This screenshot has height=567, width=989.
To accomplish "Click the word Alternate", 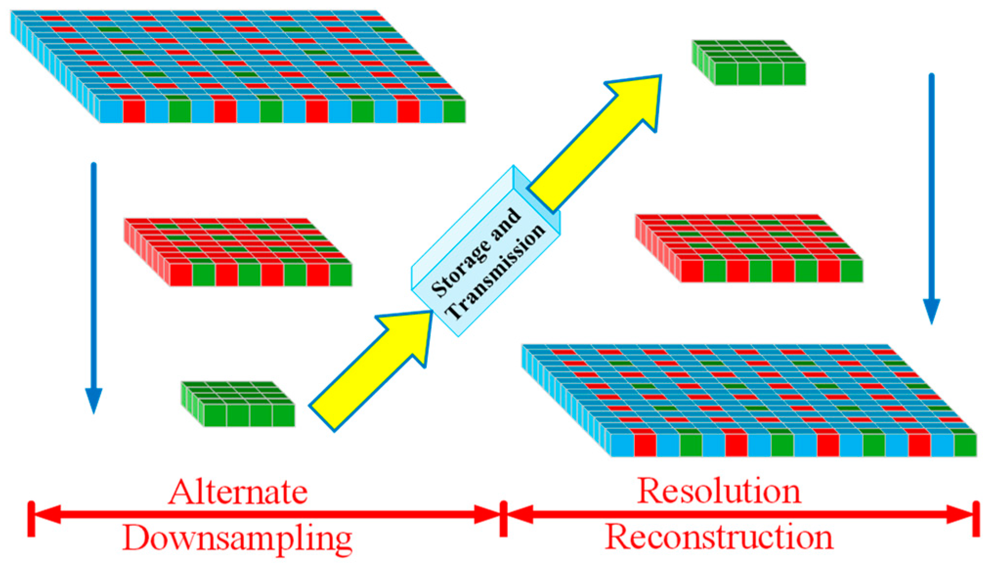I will click(x=238, y=492).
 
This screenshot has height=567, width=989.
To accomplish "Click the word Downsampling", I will click(x=237, y=538).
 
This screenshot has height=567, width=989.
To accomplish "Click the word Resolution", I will click(x=719, y=490).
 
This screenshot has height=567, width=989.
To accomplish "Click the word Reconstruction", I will click(x=719, y=537).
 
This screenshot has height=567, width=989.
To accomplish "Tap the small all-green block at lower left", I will click(x=238, y=404).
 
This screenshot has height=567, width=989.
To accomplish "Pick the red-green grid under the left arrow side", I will click(x=238, y=252).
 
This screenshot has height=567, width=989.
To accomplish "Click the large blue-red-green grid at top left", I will click(x=238, y=66).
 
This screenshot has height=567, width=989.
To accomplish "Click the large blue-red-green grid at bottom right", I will click(x=749, y=400).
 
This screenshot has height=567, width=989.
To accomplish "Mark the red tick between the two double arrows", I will click(x=503, y=519).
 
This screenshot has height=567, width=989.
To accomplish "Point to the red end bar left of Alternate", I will click(x=31, y=519).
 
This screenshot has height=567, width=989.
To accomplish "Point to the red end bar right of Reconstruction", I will click(x=976, y=519).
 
